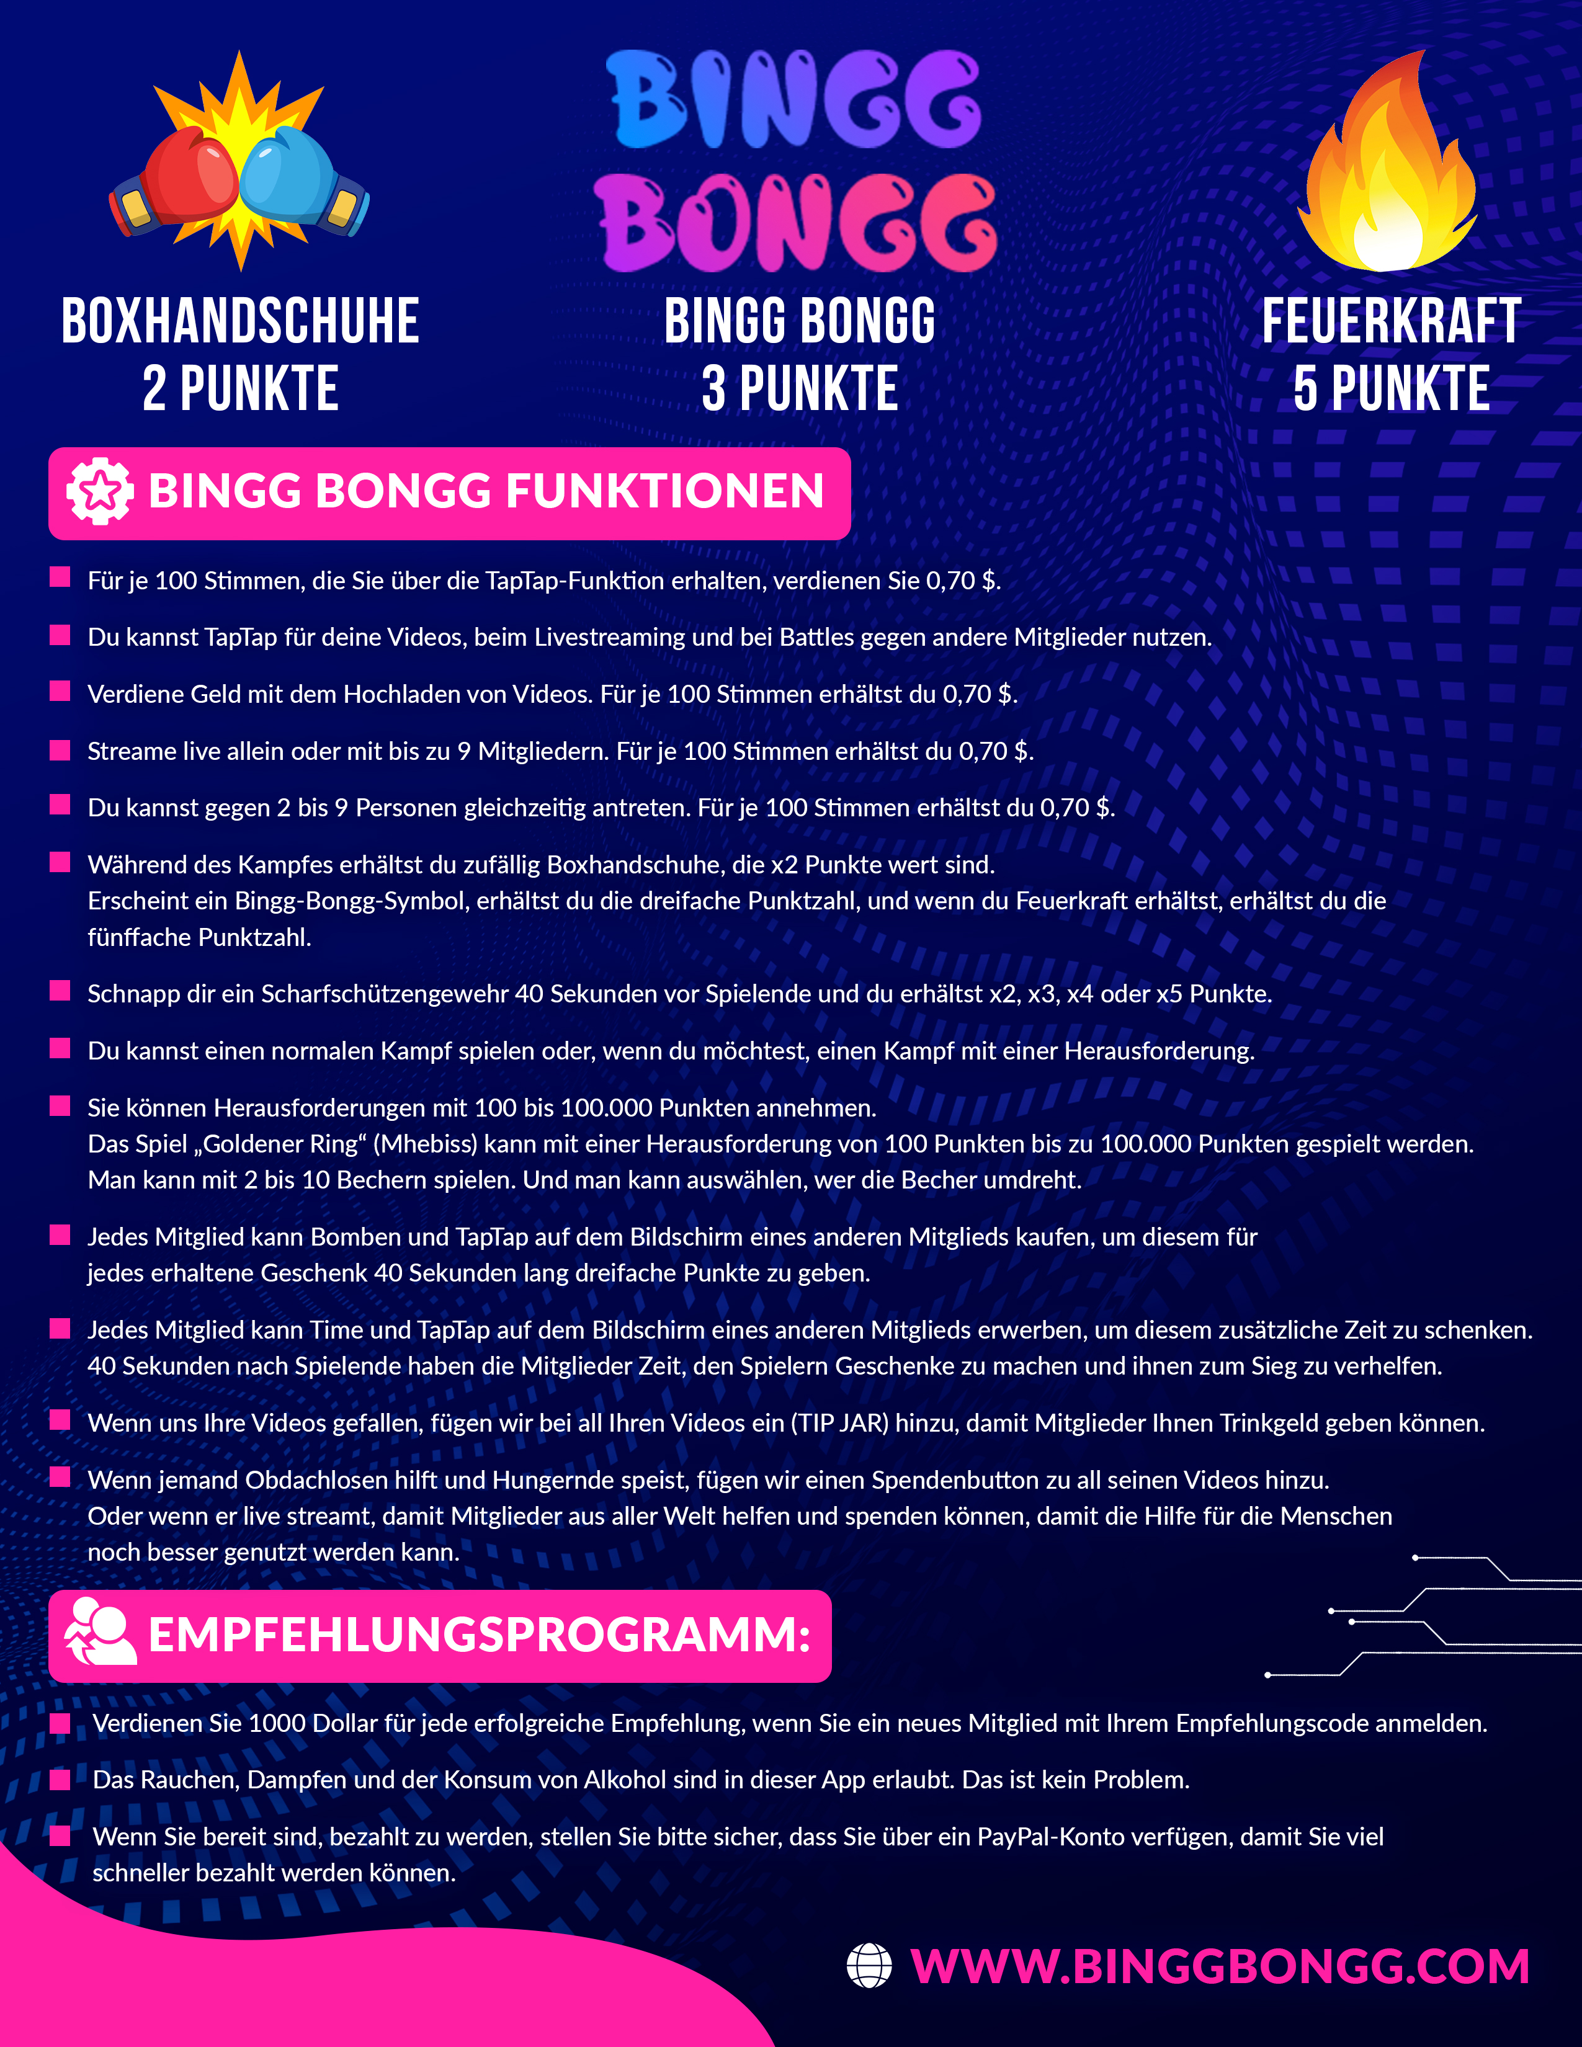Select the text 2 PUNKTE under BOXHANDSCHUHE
(240, 389)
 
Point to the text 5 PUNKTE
(1391, 389)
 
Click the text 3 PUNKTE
(800, 389)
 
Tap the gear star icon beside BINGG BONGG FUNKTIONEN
(99, 492)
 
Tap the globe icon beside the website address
(869, 1966)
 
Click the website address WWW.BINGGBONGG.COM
(1219, 1966)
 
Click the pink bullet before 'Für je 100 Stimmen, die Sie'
(60, 578)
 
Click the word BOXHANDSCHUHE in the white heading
(240, 321)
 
